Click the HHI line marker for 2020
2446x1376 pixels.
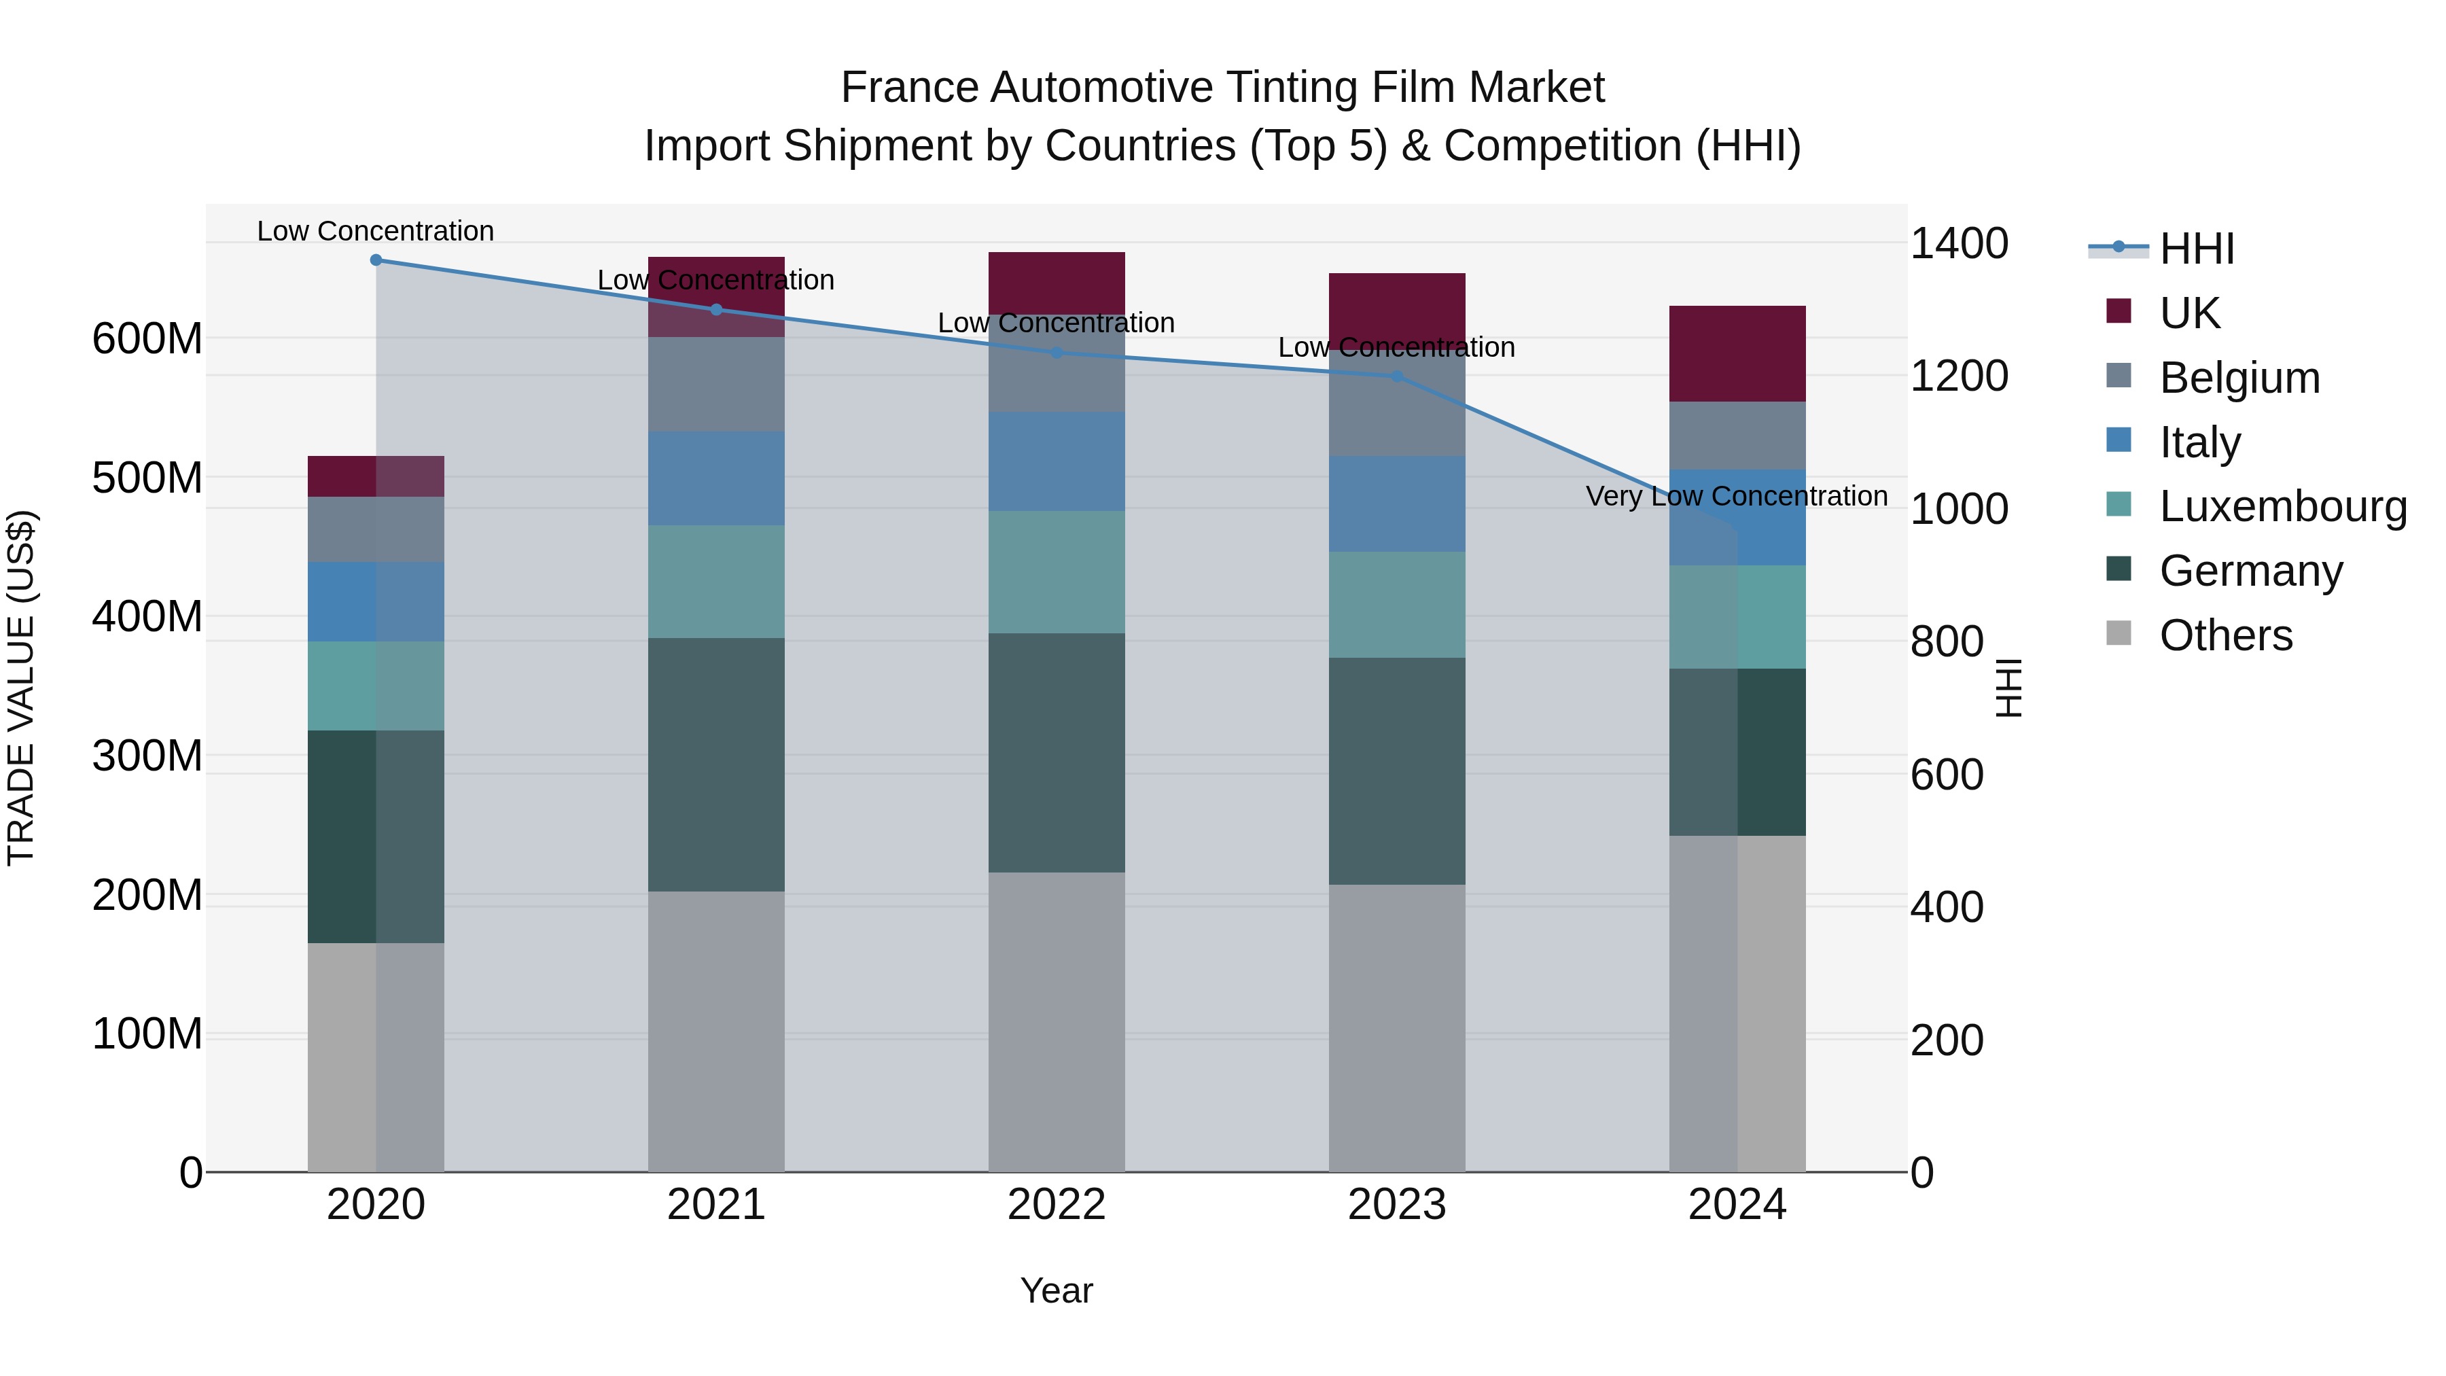click(376, 260)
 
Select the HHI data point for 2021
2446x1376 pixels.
click(716, 310)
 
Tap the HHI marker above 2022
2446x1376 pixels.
click(1057, 352)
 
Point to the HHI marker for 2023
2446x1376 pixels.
click(1397, 376)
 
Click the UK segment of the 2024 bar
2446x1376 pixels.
click(1737, 353)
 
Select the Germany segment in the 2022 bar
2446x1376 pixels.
click(1057, 752)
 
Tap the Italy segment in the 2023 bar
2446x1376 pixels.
click(1397, 504)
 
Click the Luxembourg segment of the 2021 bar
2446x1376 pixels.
click(716, 581)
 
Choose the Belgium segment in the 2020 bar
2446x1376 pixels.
click(376, 529)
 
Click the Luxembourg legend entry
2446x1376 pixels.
click(2283, 506)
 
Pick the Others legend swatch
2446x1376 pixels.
click(2119, 633)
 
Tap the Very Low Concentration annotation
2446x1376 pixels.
click(1737, 496)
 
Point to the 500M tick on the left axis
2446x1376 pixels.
click(147, 478)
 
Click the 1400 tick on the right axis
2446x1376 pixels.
click(1958, 243)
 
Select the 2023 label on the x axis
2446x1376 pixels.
click(1397, 1204)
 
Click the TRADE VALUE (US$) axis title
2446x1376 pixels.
click(21, 688)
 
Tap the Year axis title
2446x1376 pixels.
click(1056, 1290)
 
